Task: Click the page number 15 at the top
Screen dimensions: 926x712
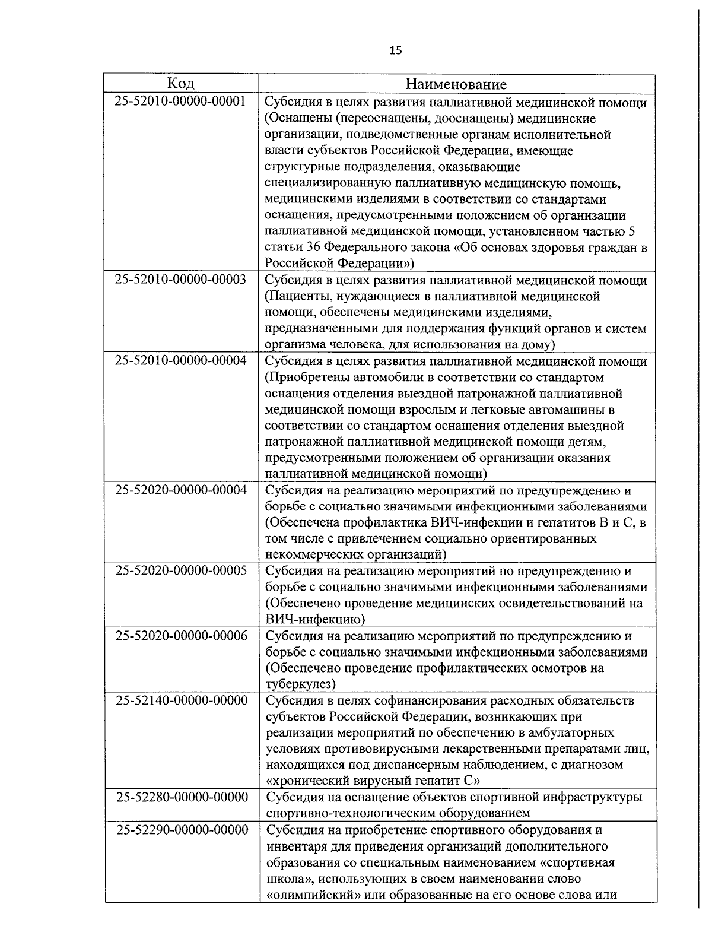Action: pos(396,51)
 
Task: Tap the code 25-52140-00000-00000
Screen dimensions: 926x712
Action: pos(181,700)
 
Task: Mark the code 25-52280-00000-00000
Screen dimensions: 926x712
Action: pos(181,797)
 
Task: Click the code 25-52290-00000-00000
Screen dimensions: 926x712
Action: pos(181,829)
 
